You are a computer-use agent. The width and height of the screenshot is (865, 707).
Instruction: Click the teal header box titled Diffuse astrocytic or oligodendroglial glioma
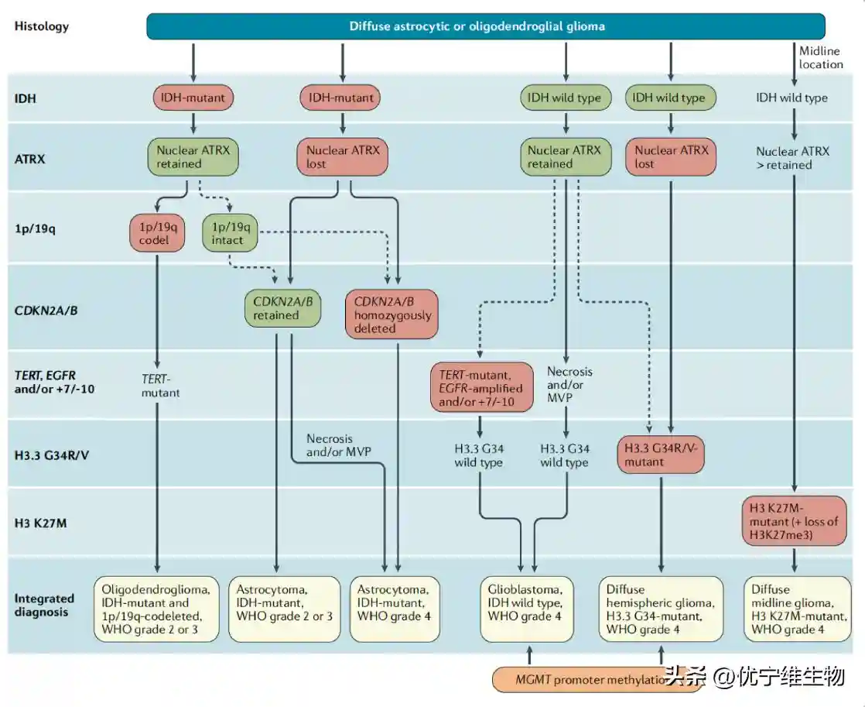pos(485,26)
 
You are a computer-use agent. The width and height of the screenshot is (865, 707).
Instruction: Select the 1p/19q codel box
pos(159,232)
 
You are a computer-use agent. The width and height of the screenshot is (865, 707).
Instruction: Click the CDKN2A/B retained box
pos(277,308)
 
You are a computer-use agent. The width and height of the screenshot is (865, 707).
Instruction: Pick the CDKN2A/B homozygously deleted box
pos(391,314)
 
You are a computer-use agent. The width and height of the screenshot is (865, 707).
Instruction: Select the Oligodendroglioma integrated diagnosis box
pos(157,609)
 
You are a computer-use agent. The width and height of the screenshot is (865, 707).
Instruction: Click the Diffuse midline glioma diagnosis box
pos(793,609)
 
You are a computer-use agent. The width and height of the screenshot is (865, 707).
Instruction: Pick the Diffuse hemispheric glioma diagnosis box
pos(662,609)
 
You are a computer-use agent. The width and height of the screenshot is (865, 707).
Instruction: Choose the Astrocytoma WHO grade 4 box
pos(395,609)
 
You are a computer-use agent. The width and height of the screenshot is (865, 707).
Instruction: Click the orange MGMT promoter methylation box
pos(576,679)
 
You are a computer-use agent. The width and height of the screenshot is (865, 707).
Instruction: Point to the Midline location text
pos(820,57)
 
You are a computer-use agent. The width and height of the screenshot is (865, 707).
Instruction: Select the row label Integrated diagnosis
pos(44,605)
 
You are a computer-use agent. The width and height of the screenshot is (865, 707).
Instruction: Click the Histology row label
pos(42,26)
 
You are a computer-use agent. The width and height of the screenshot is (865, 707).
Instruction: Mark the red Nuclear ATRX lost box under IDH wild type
pos(670,157)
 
